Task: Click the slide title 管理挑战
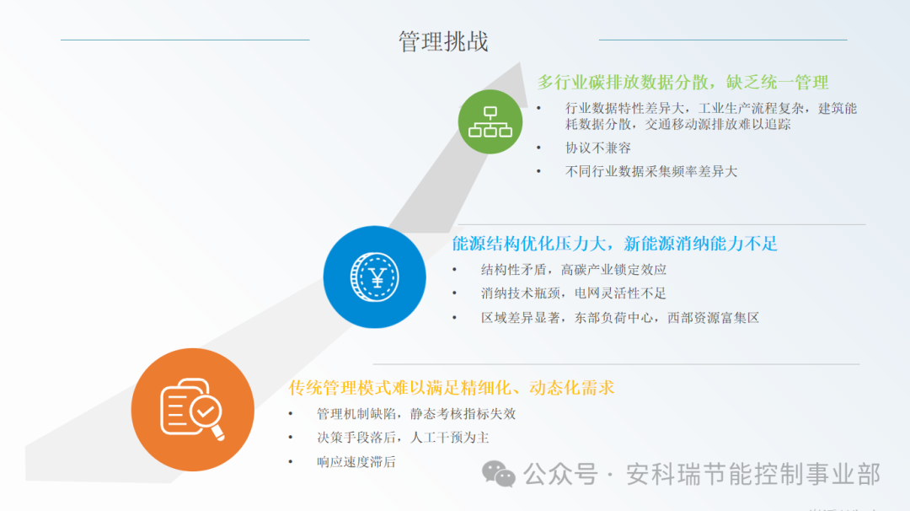pos(443,41)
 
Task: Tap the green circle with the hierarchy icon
pos(490,121)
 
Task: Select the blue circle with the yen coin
pos(374,277)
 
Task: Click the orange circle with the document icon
pos(193,410)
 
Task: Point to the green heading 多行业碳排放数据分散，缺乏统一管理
pos(682,83)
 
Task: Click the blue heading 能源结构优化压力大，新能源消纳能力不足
pos(614,245)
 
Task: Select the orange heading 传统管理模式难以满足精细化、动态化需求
pos(452,388)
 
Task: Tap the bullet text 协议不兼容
pos(597,148)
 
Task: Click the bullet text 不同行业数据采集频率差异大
pos(650,171)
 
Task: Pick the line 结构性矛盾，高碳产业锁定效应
pos(574,270)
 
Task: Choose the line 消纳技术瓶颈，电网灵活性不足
pos(574,293)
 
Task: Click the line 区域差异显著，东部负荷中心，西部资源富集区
pos(620,318)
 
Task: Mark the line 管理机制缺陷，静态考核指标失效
pos(415,414)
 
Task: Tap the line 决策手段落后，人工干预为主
pos(403,438)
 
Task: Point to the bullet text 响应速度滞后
pos(356,462)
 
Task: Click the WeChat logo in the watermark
pos(498,475)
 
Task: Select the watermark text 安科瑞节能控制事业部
pos(752,475)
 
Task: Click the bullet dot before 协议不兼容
pos(539,148)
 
